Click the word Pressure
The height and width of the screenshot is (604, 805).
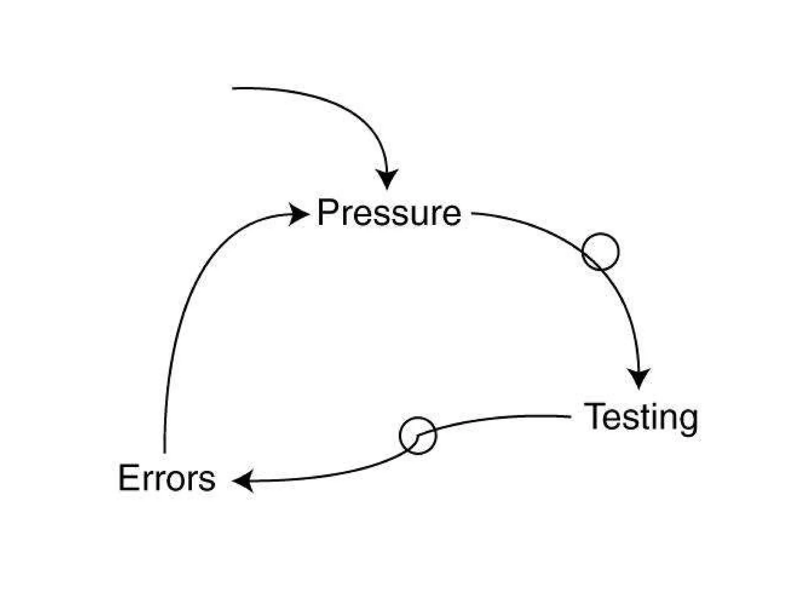click(389, 213)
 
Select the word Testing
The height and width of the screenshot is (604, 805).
click(641, 418)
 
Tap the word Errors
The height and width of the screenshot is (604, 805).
click(167, 478)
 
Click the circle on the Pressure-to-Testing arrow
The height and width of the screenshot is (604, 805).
click(600, 252)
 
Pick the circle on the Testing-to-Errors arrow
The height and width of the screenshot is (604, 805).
click(418, 436)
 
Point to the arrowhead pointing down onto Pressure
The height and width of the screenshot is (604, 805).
click(387, 179)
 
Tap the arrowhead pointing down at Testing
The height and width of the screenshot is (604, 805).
click(639, 378)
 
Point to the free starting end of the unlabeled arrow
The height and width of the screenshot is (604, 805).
click(233, 88)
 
